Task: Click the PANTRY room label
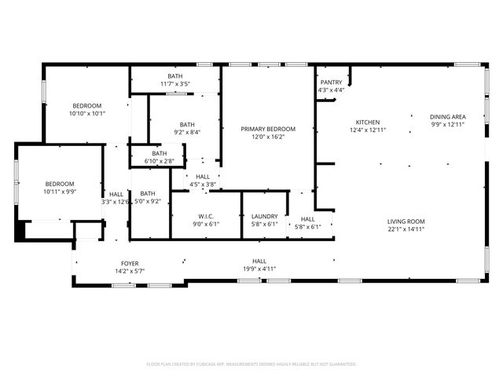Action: tap(330, 82)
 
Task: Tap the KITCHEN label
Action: tap(368, 123)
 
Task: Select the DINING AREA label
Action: tap(447, 116)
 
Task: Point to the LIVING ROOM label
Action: tap(406, 221)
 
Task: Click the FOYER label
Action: tap(130, 263)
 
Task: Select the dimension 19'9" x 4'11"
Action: tap(259, 269)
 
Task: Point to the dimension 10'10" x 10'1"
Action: tap(87, 113)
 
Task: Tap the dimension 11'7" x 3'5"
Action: tap(174, 82)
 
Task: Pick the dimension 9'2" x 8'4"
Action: tap(186, 132)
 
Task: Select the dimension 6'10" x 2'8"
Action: tap(159, 161)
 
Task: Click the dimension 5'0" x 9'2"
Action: tap(148, 201)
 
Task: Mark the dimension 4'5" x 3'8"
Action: tap(202, 185)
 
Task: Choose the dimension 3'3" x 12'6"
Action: tap(116, 201)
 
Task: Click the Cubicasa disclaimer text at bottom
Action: tap(251, 364)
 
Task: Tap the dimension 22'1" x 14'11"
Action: tap(406, 229)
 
